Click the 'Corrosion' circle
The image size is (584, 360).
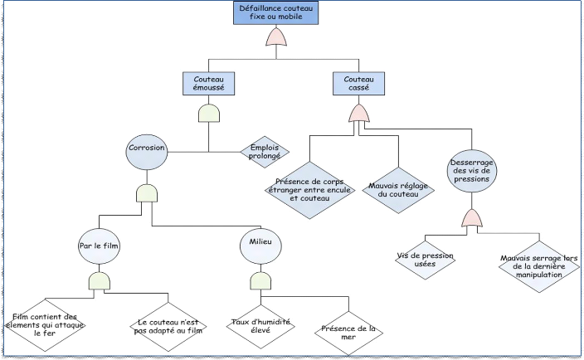click(x=147, y=148)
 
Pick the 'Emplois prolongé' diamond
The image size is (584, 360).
click(x=265, y=151)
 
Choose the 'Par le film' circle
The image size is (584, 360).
click(x=99, y=246)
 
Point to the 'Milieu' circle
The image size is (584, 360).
click(x=260, y=241)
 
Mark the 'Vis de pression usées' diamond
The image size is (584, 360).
click(x=426, y=260)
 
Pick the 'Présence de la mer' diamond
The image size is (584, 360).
click(x=348, y=333)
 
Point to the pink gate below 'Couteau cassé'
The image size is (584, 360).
click(x=358, y=112)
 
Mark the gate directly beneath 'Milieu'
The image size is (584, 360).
click(x=260, y=280)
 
